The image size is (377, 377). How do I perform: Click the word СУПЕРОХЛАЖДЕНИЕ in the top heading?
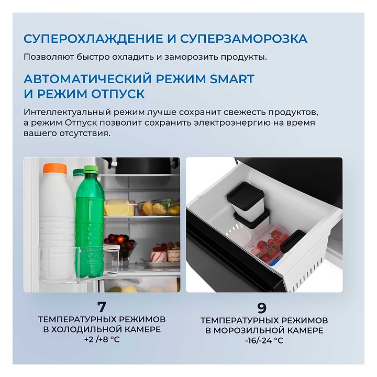(93, 39)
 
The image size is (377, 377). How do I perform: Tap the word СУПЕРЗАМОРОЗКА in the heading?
(244, 39)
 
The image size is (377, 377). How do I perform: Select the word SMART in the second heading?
(232, 79)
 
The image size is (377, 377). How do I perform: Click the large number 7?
(102, 306)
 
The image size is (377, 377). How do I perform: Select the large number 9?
(262, 307)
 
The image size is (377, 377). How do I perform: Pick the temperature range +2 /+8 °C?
(102, 339)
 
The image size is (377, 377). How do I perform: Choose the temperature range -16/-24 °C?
(264, 340)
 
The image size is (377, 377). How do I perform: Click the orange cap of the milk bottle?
(55, 169)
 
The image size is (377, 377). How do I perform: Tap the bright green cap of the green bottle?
(91, 170)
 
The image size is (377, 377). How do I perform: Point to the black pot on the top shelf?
(143, 165)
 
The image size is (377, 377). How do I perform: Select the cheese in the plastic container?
(119, 208)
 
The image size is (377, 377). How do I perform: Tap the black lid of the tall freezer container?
(246, 194)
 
